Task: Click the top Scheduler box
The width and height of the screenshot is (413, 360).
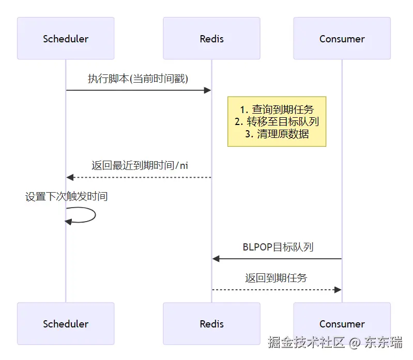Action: (66, 39)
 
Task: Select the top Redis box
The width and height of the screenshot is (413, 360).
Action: (211, 39)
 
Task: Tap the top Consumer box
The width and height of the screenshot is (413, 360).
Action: (342, 39)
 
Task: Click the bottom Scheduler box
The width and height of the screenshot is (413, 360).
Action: (66, 324)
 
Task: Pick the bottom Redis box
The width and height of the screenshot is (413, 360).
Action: (211, 324)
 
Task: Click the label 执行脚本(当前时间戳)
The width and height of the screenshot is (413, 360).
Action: (138, 79)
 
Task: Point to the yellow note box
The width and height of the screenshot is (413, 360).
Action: (277, 121)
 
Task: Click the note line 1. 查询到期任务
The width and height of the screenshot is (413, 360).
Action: (277, 109)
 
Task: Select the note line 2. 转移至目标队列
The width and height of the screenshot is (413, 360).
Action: (277, 122)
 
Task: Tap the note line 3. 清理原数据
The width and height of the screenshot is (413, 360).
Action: (277, 134)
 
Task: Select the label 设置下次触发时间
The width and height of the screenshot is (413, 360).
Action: (66, 197)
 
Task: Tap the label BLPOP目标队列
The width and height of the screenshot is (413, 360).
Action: (278, 247)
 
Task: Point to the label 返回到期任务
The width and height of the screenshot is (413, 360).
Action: (276, 278)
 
